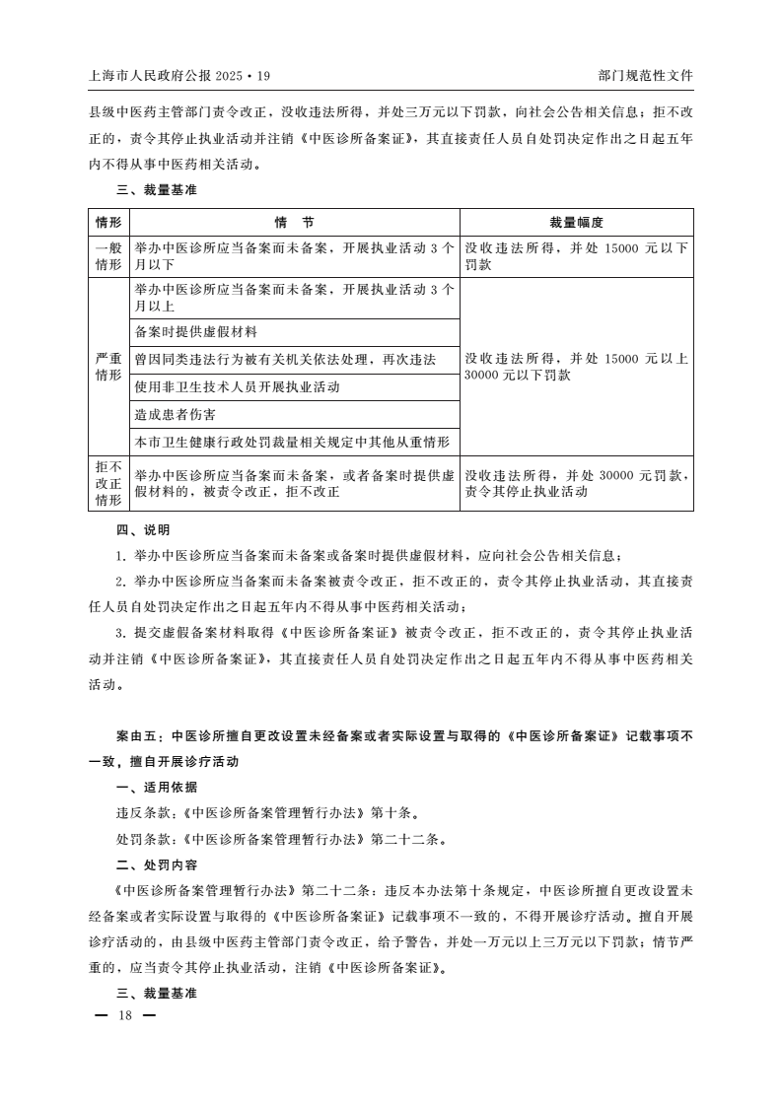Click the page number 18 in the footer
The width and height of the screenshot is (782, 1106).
coord(124,1015)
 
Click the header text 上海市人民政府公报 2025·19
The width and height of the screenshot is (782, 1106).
coord(178,75)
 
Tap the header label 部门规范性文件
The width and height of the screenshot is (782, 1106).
coord(645,75)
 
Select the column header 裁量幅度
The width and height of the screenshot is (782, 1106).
coord(576,223)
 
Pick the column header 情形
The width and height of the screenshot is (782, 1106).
coord(108,223)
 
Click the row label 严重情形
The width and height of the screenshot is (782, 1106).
coord(108,367)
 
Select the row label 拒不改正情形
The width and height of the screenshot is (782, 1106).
coord(108,483)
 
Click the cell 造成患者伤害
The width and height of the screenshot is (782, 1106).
coord(176,415)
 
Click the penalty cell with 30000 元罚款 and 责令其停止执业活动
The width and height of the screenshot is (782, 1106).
coord(576,483)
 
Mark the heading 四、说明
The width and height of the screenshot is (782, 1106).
coord(143,529)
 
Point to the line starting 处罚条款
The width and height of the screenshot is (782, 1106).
coord(280,839)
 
